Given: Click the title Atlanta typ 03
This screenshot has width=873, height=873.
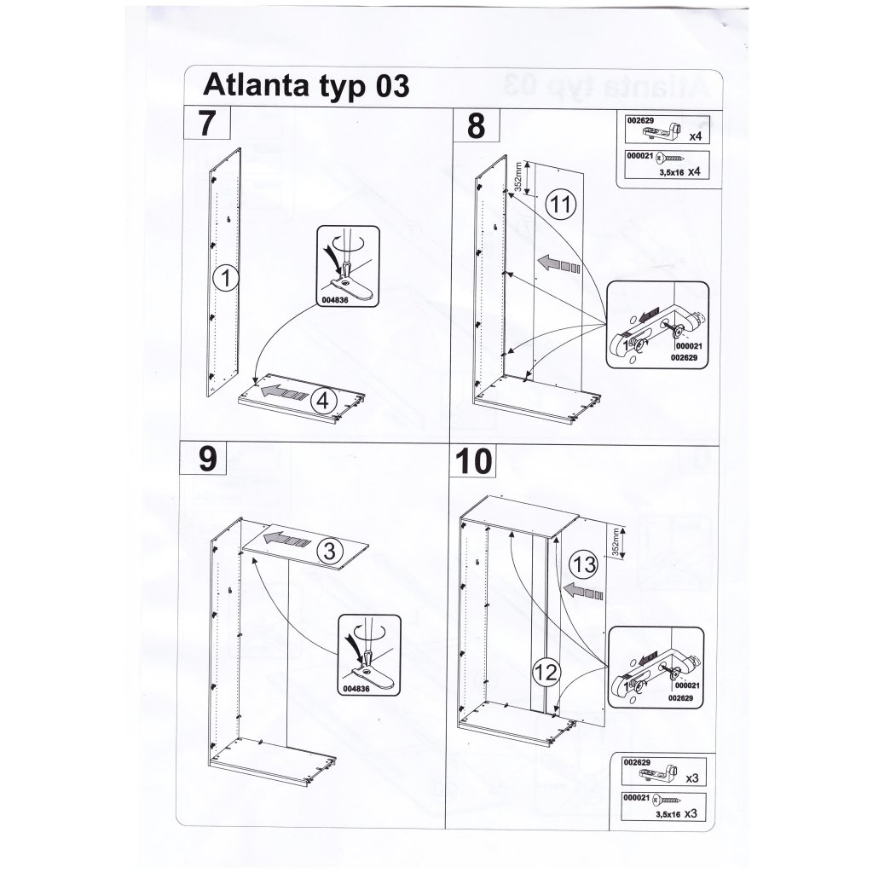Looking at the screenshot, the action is pyautogui.click(x=306, y=86).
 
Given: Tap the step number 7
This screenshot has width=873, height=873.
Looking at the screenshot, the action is pyautogui.click(x=206, y=123).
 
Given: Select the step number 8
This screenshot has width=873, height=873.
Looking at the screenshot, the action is pyautogui.click(x=476, y=125).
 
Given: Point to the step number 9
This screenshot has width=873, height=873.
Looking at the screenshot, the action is pyautogui.click(x=208, y=460).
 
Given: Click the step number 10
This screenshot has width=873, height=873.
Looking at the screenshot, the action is pyautogui.click(x=474, y=461).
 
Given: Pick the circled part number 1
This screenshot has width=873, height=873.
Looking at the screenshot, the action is pyautogui.click(x=225, y=278).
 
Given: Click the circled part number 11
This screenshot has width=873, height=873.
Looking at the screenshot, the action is pyautogui.click(x=559, y=204).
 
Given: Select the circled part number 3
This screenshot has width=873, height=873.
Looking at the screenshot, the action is pyautogui.click(x=330, y=552).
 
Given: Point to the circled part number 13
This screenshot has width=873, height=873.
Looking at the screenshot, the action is pyautogui.click(x=584, y=565).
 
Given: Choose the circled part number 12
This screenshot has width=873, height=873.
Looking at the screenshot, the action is pyautogui.click(x=546, y=674).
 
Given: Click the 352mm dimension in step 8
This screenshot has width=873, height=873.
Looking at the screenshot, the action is pyautogui.click(x=518, y=177).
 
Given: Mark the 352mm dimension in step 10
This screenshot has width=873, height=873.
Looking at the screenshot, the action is pyautogui.click(x=615, y=543).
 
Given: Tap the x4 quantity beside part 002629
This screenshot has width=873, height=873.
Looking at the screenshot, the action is pyautogui.click(x=696, y=136).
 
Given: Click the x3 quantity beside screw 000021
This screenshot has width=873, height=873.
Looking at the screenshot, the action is pyautogui.click(x=691, y=813).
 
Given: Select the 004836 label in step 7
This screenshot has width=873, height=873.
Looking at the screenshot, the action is pyautogui.click(x=334, y=299).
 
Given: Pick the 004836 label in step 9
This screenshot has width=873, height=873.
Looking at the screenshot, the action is pyautogui.click(x=356, y=689).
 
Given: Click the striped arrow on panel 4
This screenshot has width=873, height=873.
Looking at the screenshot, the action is pyautogui.click(x=283, y=392).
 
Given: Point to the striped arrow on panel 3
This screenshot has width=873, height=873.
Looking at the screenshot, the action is pyautogui.click(x=286, y=540).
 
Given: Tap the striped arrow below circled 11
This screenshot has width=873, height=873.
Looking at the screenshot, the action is pyautogui.click(x=558, y=263).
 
